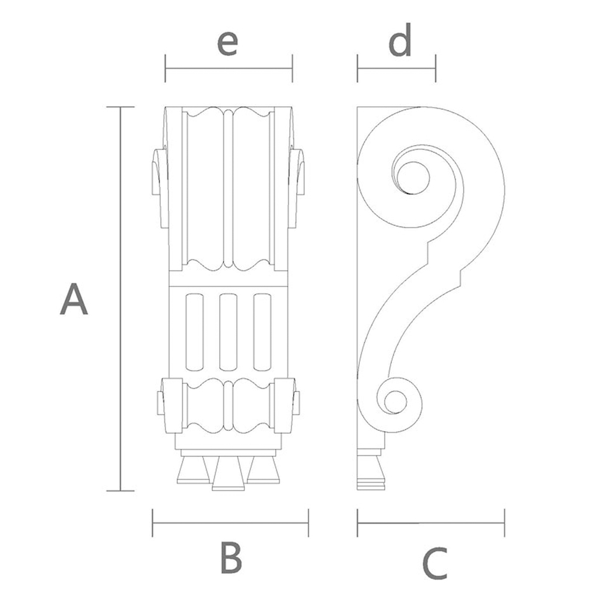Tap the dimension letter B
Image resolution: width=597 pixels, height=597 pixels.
(x=231, y=558)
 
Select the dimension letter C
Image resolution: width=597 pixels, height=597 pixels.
(x=434, y=564)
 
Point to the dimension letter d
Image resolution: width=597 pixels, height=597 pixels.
(x=401, y=41)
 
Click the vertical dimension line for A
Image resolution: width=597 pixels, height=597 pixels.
(x=121, y=298)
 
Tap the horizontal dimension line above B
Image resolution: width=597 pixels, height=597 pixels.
(x=230, y=523)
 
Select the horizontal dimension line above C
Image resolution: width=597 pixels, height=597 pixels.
(x=431, y=523)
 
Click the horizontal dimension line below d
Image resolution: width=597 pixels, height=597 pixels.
(x=396, y=68)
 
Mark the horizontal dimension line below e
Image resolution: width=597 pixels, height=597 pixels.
(x=229, y=68)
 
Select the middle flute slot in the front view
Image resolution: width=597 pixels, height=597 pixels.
(x=228, y=332)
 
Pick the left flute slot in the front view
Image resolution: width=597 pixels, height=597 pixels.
(x=194, y=332)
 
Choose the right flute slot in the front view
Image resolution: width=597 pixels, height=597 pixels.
(x=262, y=332)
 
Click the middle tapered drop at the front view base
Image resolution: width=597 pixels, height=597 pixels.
(x=228, y=473)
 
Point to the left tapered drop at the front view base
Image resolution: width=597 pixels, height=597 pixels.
(x=193, y=469)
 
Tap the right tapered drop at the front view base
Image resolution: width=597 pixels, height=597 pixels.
(x=263, y=469)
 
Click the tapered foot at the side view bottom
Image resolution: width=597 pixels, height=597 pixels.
(x=371, y=468)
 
